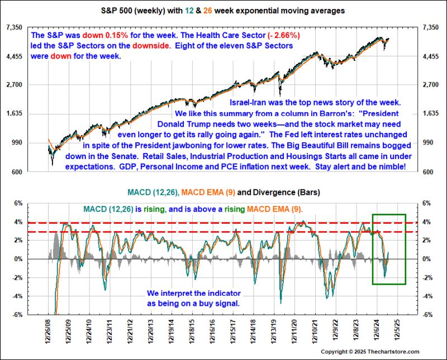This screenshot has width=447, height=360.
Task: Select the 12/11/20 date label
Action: coord(294,332)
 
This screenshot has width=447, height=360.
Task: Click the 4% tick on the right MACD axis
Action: coord(427,222)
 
